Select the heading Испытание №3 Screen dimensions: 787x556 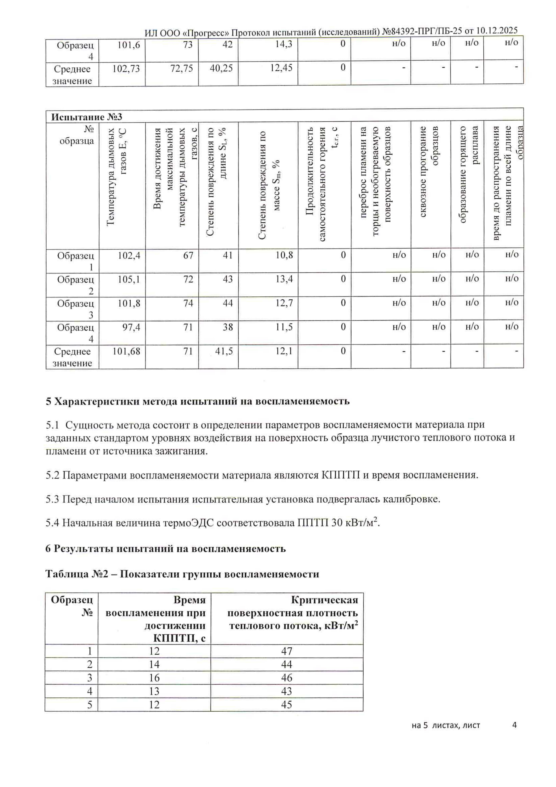click(87, 117)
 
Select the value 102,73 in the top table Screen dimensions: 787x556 click(126, 68)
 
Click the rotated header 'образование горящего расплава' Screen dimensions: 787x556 click(468, 175)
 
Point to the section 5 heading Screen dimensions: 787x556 click(198, 401)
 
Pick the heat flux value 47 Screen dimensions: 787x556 click(287, 651)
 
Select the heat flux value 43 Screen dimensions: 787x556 click(287, 691)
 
